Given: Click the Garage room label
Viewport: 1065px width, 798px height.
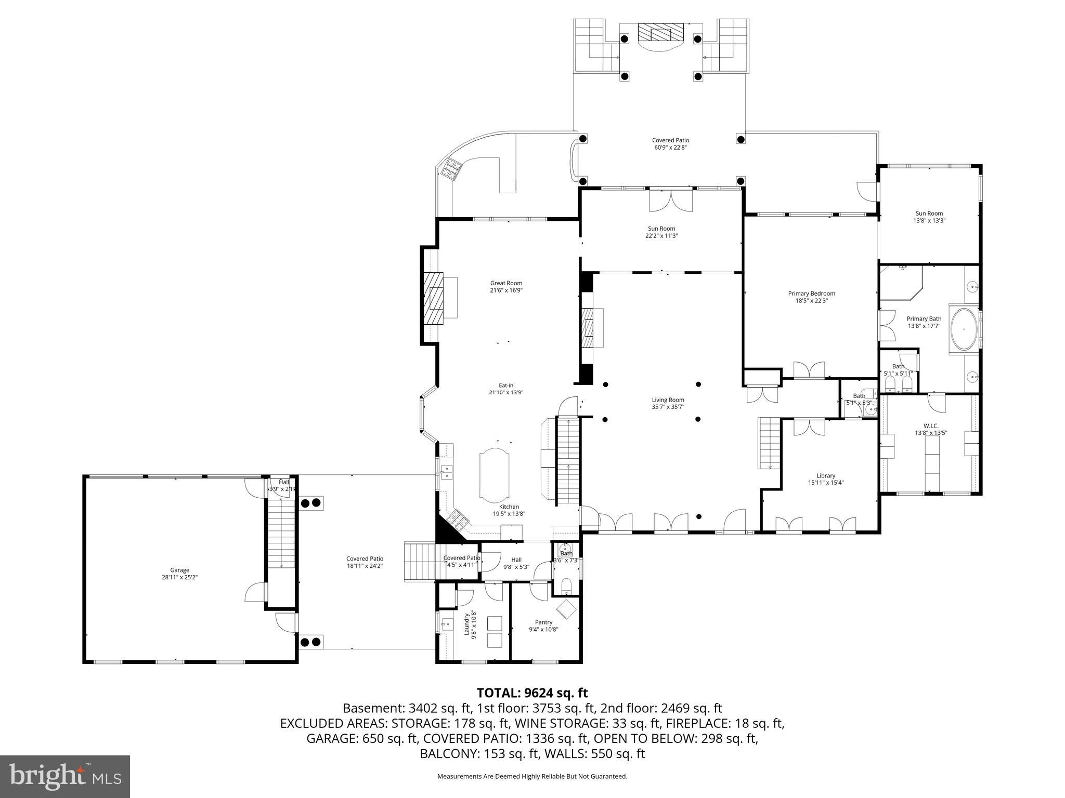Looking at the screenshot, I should point(179,570).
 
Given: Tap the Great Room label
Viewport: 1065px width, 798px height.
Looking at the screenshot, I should point(506,283).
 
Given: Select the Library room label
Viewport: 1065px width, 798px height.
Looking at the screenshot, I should point(826,475).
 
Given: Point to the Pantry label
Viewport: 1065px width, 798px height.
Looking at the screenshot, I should point(543,622).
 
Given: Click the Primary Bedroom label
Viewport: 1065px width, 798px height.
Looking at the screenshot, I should point(811,294).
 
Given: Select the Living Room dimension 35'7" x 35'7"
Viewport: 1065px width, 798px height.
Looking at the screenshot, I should point(668,407).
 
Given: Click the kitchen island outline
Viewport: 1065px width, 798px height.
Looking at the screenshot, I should point(496,475).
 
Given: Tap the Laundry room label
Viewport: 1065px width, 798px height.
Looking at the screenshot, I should point(467,623).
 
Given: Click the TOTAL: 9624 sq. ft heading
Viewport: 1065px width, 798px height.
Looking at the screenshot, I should point(532,693).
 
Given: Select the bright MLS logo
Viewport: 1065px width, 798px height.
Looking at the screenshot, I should point(65,776).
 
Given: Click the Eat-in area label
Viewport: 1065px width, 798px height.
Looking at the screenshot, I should point(506,385).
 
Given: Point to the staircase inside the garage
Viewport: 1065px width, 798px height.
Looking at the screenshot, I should point(281,535).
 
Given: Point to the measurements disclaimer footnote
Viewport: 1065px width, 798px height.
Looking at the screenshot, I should point(532,776).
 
